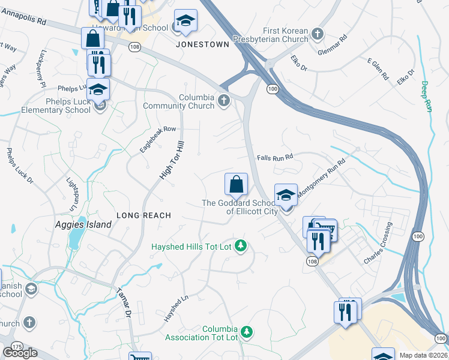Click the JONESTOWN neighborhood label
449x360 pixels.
coord(202,44)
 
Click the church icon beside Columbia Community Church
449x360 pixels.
coord(224,100)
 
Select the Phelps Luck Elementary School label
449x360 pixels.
coord(56,106)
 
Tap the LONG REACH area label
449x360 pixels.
coord(143,215)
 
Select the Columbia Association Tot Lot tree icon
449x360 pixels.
coord(246,331)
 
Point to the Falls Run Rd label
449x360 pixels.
coord(274,157)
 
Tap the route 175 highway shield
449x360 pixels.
coord(16,347)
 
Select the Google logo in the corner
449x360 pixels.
coord(20,353)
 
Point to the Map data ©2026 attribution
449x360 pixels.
coord(423,355)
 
